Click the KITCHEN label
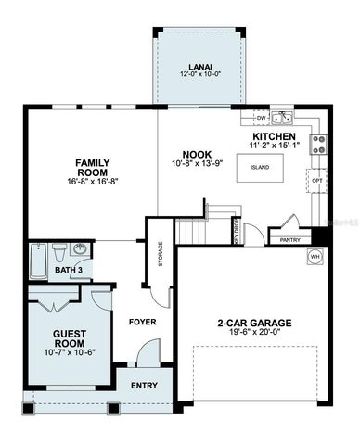274,136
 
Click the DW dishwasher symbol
262,119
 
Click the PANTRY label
288,240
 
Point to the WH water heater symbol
315,256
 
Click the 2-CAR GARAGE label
254,324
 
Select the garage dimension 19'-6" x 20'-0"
254,336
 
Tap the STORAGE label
161,253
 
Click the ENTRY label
144,386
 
